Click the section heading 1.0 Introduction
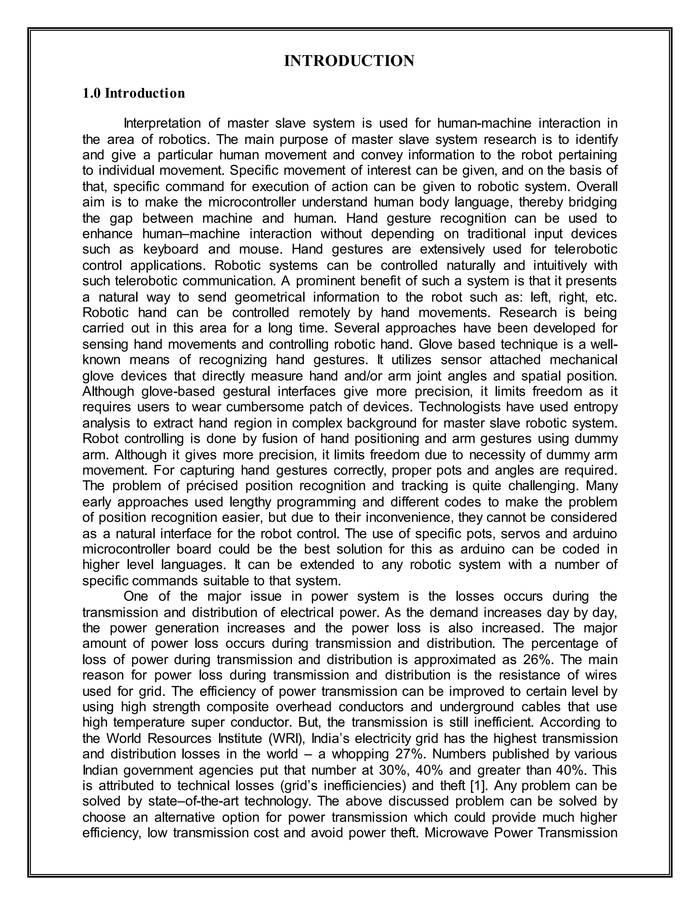(x=134, y=93)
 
